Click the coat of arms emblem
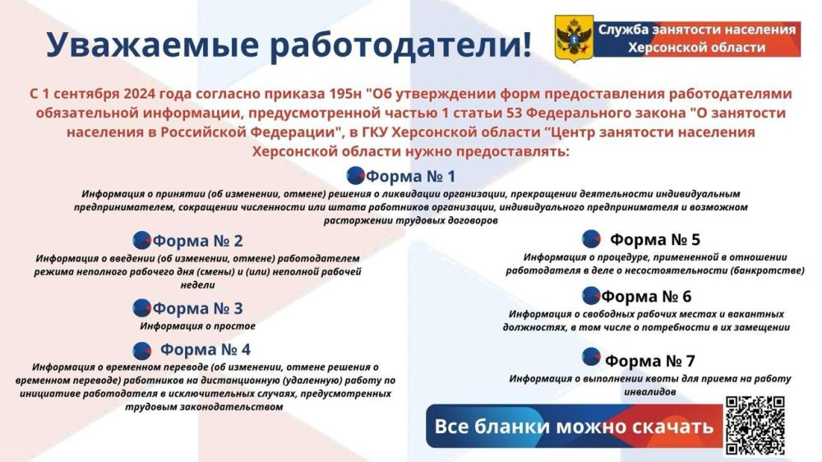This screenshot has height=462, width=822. click(x=574, y=39)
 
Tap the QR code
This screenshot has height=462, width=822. click(x=755, y=425)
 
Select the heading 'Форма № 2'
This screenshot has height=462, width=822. click(x=198, y=242)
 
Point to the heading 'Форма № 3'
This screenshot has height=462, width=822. click(x=198, y=309)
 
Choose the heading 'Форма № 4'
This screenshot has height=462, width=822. click(x=205, y=349)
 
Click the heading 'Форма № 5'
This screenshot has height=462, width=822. click(x=654, y=240)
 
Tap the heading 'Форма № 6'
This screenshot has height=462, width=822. click(x=646, y=297)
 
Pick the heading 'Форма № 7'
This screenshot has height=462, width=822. click(x=650, y=361)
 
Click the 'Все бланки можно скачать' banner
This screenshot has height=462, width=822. click(x=573, y=427)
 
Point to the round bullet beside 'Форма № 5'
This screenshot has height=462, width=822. click(x=591, y=239)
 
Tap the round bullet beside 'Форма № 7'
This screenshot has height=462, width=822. click(x=591, y=357)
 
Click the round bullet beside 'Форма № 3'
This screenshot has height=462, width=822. click(x=141, y=308)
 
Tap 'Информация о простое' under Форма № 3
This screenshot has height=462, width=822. click(x=197, y=326)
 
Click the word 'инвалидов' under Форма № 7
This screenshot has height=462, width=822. click(x=649, y=392)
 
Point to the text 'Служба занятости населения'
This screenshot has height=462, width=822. click(x=696, y=30)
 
